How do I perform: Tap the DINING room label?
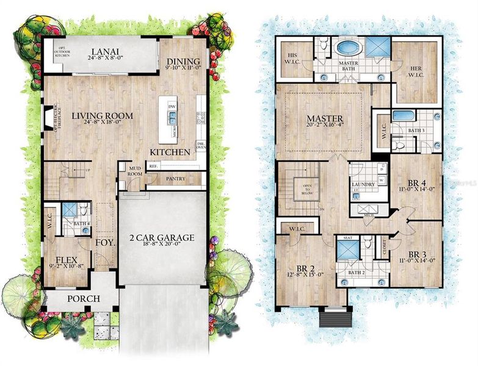(x=182, y=62)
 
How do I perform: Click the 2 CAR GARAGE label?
(x=162, y=238)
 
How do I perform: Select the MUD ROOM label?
(x=134, y=171)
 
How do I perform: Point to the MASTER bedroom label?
(x=324, y=118)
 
